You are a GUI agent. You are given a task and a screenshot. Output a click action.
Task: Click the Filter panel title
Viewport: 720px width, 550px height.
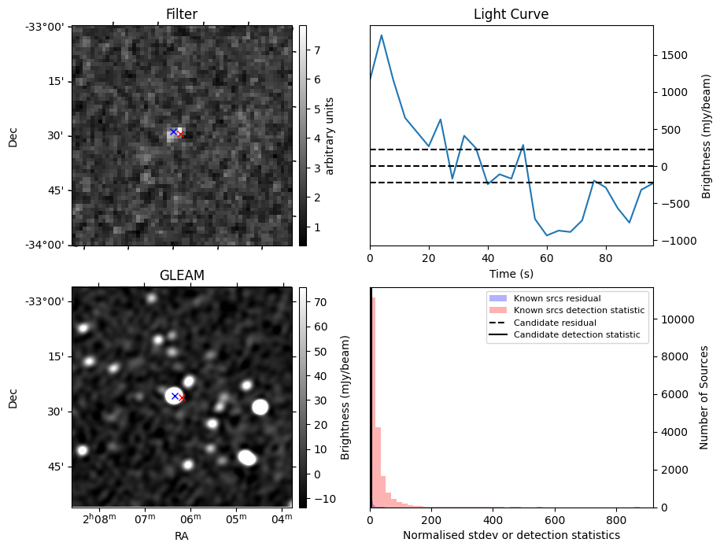tap(182, 14)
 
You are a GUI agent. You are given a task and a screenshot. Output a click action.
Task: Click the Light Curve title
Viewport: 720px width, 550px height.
tap(511, 14)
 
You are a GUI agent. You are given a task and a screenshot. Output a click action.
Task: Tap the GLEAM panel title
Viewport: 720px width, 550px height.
tap(182, 275)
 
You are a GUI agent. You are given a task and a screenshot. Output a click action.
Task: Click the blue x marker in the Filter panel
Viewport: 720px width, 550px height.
tap(174, 131)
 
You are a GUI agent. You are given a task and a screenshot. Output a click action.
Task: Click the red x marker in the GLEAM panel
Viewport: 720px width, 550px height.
tap(182, 398)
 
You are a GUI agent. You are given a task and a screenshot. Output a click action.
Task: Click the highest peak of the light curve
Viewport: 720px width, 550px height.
tap(382, 35)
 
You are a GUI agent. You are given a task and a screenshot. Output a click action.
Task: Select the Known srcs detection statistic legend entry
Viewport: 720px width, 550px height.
tap(578, 311)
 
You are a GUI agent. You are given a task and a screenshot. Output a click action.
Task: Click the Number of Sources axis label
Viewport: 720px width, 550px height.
tap(704, 397)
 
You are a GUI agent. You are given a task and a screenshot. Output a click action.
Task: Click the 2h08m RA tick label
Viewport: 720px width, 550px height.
tap(99, 519)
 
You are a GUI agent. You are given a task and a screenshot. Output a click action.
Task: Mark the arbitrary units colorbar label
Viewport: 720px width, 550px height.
tap(330, 135)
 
